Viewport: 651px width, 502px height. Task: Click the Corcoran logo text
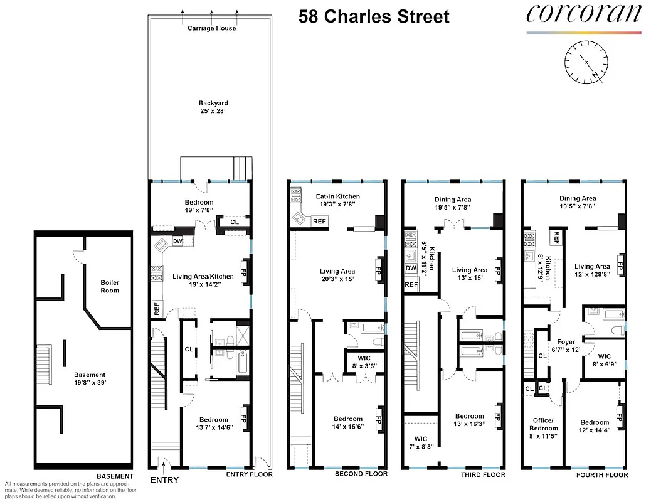click(x=583, y=14)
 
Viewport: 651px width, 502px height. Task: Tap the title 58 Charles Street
click(x=374, y=16)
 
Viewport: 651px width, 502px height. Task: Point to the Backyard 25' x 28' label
click(x=213, y=107)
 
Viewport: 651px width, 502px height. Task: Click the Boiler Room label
click(x=110, y=286)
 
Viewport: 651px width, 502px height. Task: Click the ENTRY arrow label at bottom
click(x=164, y=480)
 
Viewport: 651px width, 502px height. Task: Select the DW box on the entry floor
click(x=177, y=241)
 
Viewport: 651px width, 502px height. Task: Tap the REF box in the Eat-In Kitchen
click(x=319, y=221)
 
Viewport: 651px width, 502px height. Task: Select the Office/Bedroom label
click(x=543, y=428)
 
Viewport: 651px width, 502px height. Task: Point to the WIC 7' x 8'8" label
click(x=420, y=443)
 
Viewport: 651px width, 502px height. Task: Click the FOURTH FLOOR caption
click(x=602, y=475)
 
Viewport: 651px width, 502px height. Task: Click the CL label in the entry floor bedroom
click(x=234, y=222)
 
